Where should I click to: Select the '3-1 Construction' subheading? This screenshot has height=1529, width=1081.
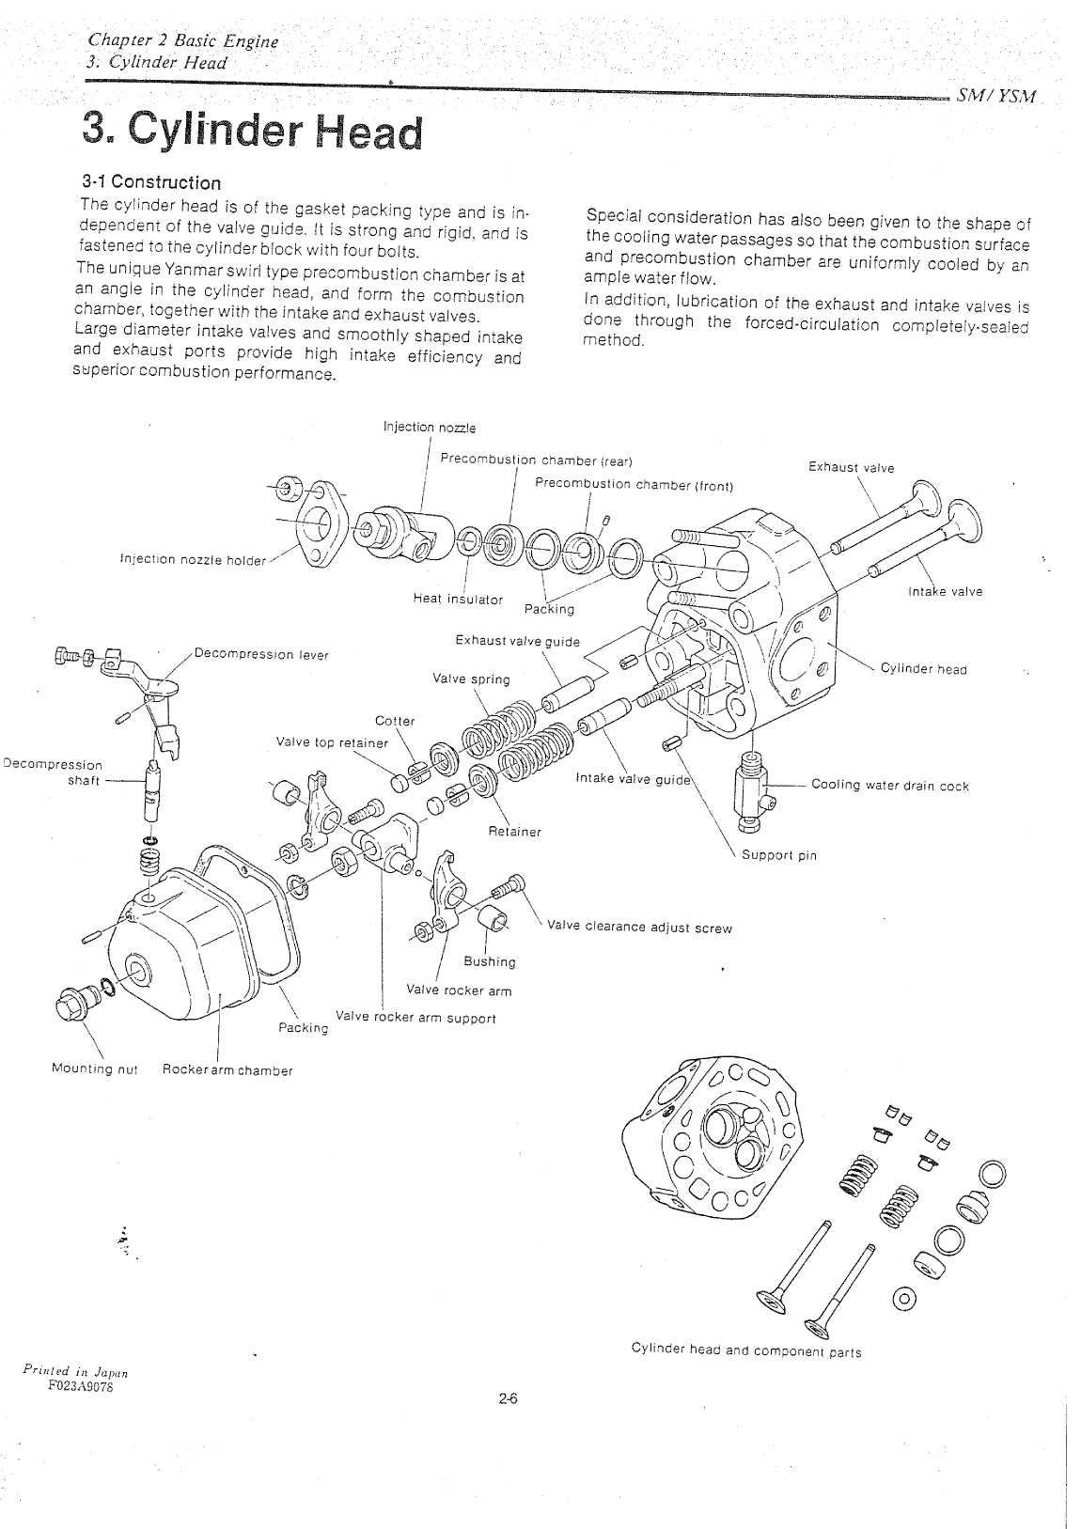coord(151,182)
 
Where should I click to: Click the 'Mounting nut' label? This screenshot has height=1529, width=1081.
coord(94,1069)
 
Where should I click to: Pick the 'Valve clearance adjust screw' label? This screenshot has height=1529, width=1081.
coord(639,928)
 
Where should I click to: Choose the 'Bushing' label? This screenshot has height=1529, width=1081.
coord(490,961)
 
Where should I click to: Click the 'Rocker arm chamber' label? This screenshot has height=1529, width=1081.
coord(227,1069)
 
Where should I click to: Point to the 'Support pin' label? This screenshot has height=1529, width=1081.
coord(779,855)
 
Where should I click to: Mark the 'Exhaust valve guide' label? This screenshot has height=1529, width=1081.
coord(517,641)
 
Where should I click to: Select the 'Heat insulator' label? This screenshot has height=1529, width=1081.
coord(458,599)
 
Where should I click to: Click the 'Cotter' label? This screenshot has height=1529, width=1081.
coord(395,721)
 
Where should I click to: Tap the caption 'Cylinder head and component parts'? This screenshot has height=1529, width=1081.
coord(746,1351)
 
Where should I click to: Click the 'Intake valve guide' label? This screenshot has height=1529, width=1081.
coord(633,778)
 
